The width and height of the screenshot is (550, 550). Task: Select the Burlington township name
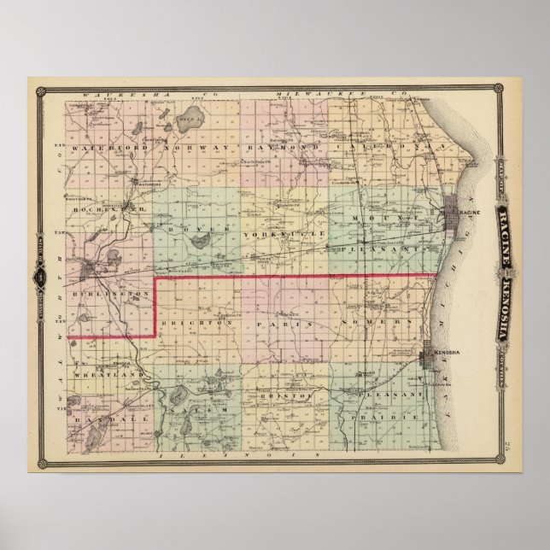pyautogui.click(x=111, y=292)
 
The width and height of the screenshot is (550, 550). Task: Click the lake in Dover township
pyautogui.click(x=197, y=243)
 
